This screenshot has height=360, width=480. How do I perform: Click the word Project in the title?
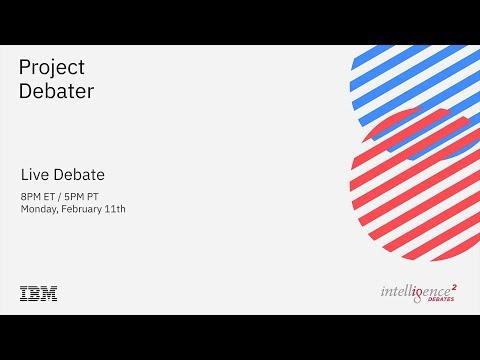coord(52,68)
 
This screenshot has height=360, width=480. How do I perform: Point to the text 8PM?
coord(31,195)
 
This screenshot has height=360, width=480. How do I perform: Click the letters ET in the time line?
coord(52,195)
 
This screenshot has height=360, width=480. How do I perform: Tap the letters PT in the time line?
coord(98,195)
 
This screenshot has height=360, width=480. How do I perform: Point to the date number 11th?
coord(116,209)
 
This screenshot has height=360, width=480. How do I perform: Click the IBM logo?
coord(38,293)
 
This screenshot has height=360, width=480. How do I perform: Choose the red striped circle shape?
coord(415,190)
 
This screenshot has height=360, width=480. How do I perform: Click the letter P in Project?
coord(25,67)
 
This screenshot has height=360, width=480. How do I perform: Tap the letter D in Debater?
coord(26,90)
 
